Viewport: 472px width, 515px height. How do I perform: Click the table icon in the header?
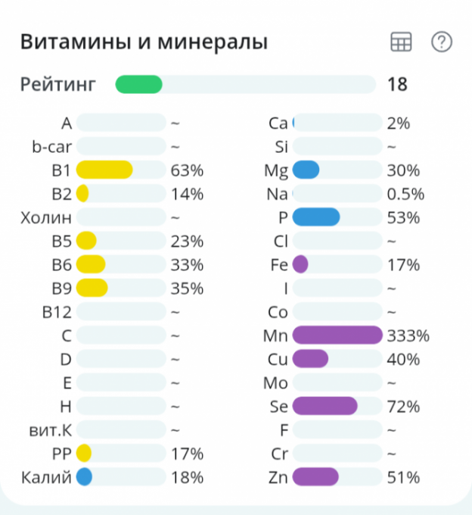401,42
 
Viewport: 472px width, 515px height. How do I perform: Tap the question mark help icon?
441,42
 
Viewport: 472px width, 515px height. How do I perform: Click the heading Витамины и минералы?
144,42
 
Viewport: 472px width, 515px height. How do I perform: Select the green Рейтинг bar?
139,84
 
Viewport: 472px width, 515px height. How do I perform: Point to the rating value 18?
397,84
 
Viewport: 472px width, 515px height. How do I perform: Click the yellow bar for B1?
104,170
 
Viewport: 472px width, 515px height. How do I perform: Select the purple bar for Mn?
337,335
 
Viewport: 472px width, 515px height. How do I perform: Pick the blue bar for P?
316,217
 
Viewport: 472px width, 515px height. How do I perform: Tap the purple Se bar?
324,406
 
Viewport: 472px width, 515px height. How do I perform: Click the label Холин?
47,217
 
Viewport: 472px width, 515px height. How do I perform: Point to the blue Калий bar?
84,477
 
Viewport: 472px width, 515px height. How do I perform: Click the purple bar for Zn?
315,477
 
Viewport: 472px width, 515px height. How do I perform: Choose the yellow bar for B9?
92,288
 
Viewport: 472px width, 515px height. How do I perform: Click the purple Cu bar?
310,359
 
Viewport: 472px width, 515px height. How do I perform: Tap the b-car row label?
51,146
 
